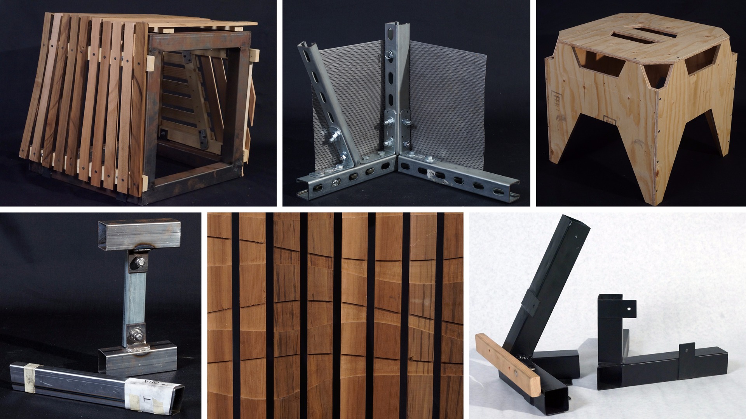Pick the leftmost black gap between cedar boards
(x=235, y=314)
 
